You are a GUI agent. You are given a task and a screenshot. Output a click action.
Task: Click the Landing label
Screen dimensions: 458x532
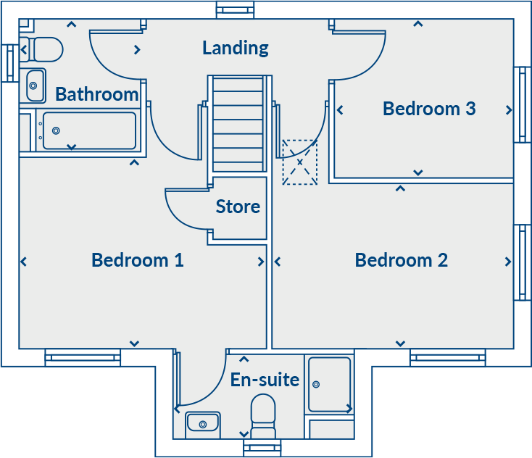236,48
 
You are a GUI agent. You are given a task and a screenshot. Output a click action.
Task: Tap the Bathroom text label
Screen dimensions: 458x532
96,94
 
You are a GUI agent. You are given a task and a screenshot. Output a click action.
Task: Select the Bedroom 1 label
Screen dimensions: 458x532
137,259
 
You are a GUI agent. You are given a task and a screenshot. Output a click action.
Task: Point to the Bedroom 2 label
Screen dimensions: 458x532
401,259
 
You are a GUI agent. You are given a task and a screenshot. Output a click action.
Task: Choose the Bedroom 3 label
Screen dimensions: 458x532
429,109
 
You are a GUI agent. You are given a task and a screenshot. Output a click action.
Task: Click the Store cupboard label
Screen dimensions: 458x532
238,207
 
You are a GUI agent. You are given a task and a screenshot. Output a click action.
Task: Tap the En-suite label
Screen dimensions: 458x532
265,379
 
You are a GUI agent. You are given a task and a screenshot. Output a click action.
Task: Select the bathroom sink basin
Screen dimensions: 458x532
34,86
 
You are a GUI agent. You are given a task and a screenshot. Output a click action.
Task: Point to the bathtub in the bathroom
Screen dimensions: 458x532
88,130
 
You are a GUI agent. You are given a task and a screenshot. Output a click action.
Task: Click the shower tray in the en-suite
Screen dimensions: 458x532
329,384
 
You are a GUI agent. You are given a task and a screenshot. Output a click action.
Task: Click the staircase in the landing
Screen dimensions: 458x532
238,123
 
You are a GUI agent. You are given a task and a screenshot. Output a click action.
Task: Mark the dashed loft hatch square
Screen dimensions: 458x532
299,162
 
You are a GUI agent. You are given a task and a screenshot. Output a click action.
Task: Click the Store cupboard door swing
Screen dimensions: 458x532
185,210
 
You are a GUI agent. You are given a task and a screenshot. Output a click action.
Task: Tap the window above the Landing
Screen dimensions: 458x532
236,9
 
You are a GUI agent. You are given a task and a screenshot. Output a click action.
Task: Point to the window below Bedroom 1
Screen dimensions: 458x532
83,357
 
